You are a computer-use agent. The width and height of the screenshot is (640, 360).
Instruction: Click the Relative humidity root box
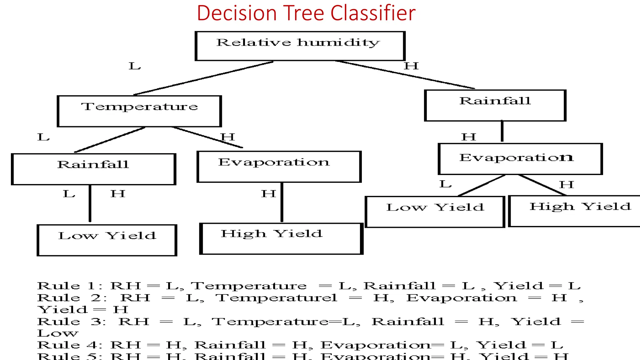point(300,46)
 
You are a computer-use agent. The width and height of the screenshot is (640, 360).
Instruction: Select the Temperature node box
point(139,111)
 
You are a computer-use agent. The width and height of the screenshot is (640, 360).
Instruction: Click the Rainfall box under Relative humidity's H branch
point(495,105)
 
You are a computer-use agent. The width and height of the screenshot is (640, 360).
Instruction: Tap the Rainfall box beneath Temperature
point(93,169)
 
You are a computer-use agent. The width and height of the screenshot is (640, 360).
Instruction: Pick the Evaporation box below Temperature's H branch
point(279,167)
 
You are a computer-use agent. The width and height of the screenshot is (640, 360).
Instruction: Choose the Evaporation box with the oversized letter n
point(520,159)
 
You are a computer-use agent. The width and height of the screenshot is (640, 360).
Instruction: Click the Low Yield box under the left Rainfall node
point(107,240)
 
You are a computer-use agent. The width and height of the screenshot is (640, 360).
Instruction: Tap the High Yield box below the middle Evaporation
point(281,238)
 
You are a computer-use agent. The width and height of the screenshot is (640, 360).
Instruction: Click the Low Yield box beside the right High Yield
point(435,212)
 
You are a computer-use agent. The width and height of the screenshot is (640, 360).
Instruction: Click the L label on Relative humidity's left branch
point(135,66)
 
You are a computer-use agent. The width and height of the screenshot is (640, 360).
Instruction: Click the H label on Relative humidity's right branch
point(411,66)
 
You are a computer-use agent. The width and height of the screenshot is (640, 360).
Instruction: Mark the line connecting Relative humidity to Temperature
point(203,78)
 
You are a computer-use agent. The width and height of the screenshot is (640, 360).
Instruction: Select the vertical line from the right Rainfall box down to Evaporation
point(502,131)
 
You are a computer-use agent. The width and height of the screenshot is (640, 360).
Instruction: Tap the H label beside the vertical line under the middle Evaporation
point(268,194)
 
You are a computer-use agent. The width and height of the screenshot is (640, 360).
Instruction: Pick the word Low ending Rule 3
point(57,333)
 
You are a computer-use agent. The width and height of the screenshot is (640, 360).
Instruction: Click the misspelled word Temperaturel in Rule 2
point(277,298)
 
